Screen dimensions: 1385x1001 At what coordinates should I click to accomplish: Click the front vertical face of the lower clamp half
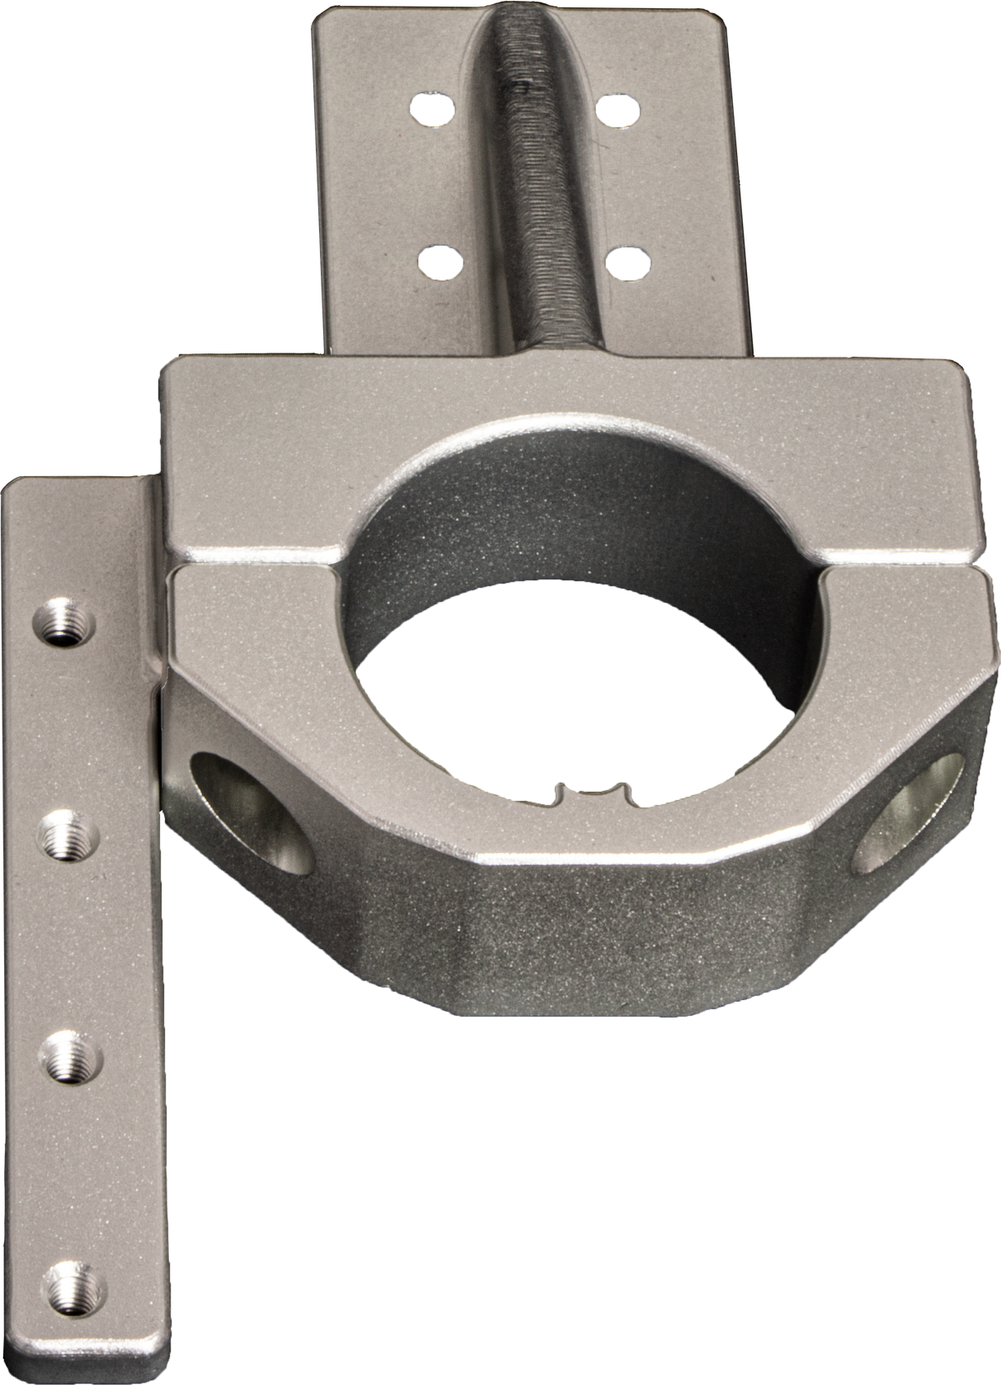coord(577,972)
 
